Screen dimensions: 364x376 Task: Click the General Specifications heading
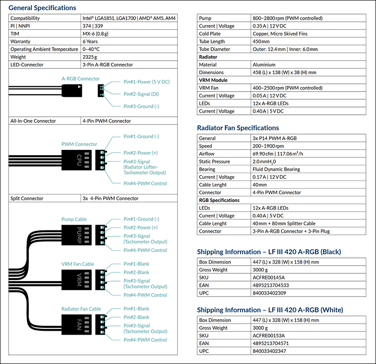pyautogui.click(x=42, y=8)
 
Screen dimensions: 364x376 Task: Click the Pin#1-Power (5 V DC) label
pyautogui.click(x=147, y=82)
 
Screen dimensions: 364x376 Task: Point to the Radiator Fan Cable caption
pyautogui.click(x=81, y=309)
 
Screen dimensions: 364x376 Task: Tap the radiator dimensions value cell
pyautogui.click(x=284, y=72)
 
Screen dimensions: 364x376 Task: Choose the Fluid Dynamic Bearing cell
pyautogui.click(x=276, y=169)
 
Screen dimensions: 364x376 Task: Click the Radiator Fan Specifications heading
pyautogui.click(x=238, y=128)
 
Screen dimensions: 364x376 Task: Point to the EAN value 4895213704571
pyautogui.click(x=272, y=343)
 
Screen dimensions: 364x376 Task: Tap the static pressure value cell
pyautogui.click(x=267, y=162)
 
